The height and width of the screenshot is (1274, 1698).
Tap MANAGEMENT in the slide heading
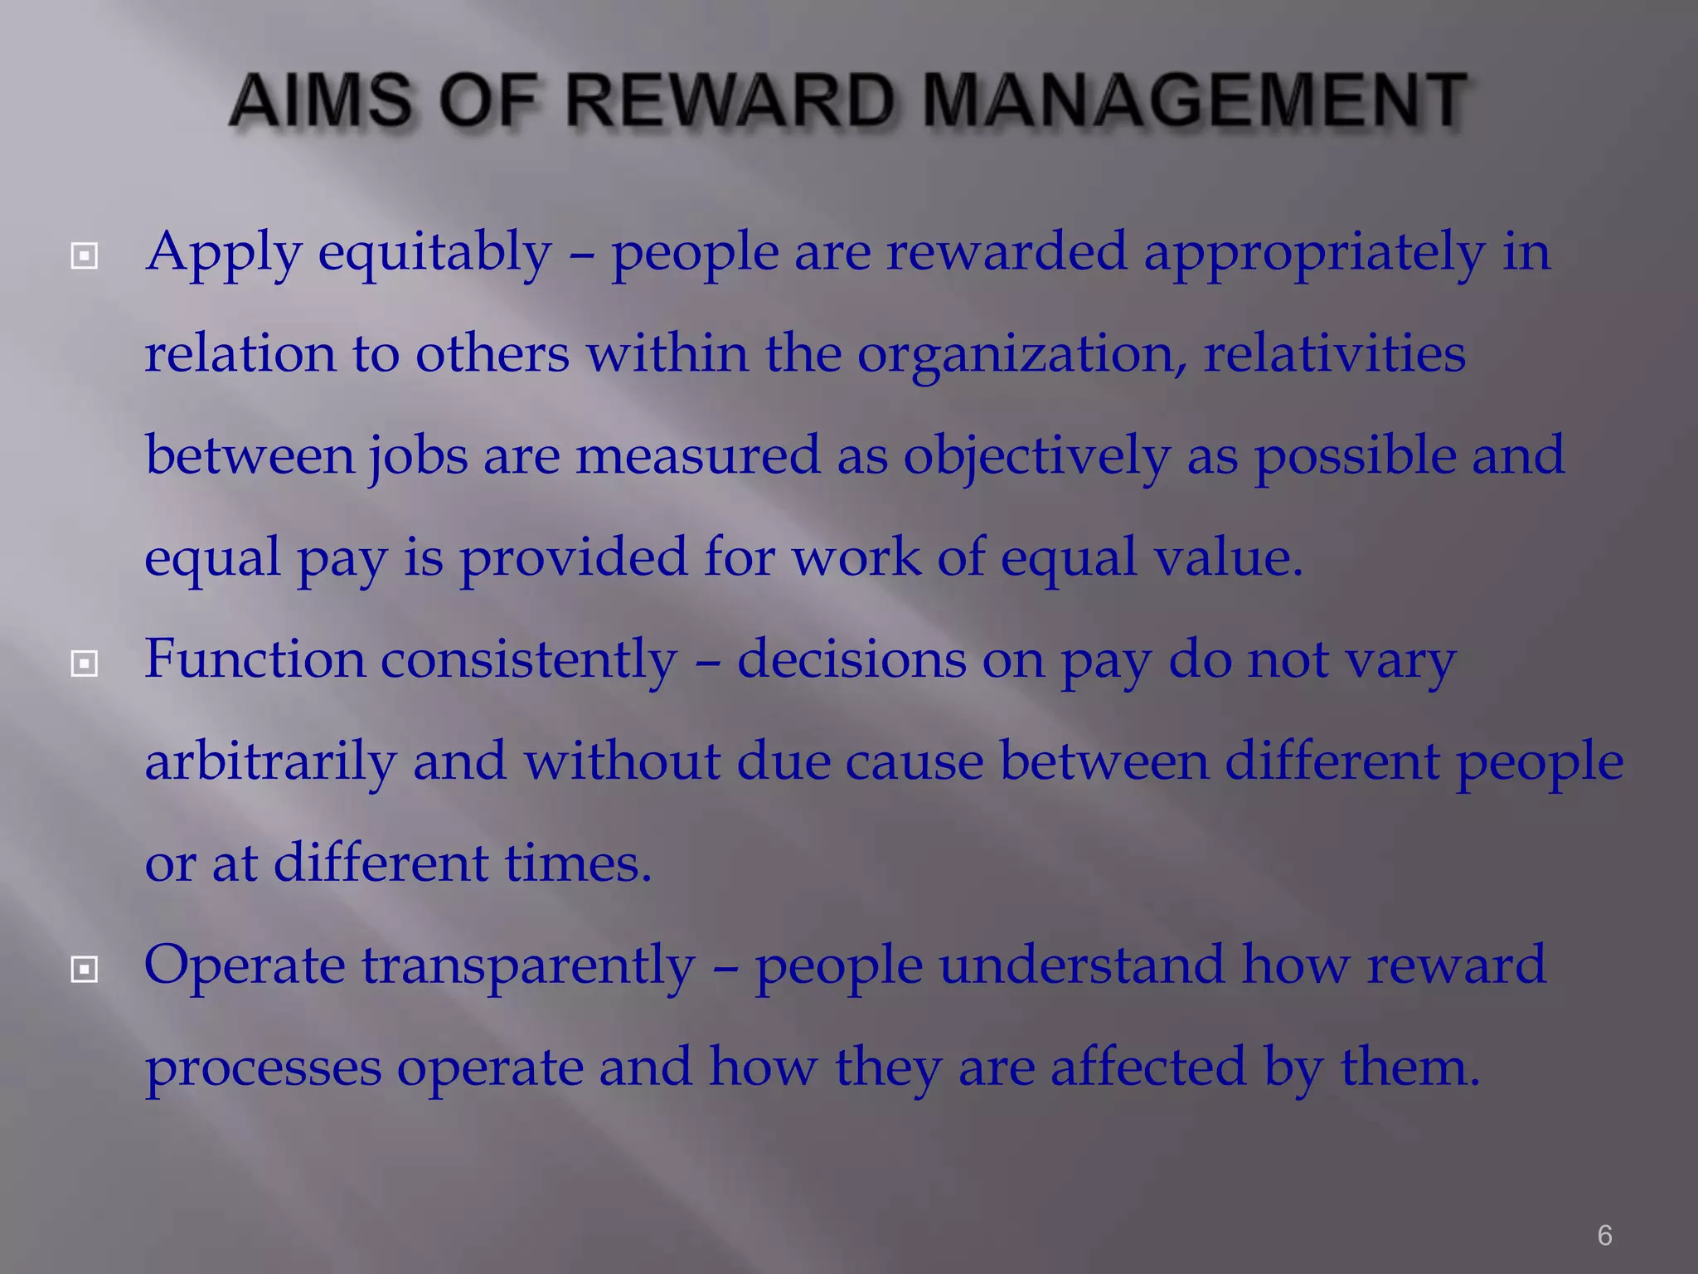point(1194,100)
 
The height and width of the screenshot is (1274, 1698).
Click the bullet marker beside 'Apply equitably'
point(85,255)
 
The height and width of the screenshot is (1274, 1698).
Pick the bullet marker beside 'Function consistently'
point(85,663)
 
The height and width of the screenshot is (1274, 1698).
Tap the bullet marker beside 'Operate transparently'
point(85,969)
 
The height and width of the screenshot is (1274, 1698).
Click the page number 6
point(1604,1235)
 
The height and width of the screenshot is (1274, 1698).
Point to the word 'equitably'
point(434,253)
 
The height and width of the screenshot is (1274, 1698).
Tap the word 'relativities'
point(1334,353)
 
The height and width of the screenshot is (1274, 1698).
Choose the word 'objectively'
point(1036,457)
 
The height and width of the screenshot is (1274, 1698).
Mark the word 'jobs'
point(418,457)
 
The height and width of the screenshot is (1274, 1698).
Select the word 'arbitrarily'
point(270,761)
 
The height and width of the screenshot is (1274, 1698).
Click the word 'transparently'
point(528,967)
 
